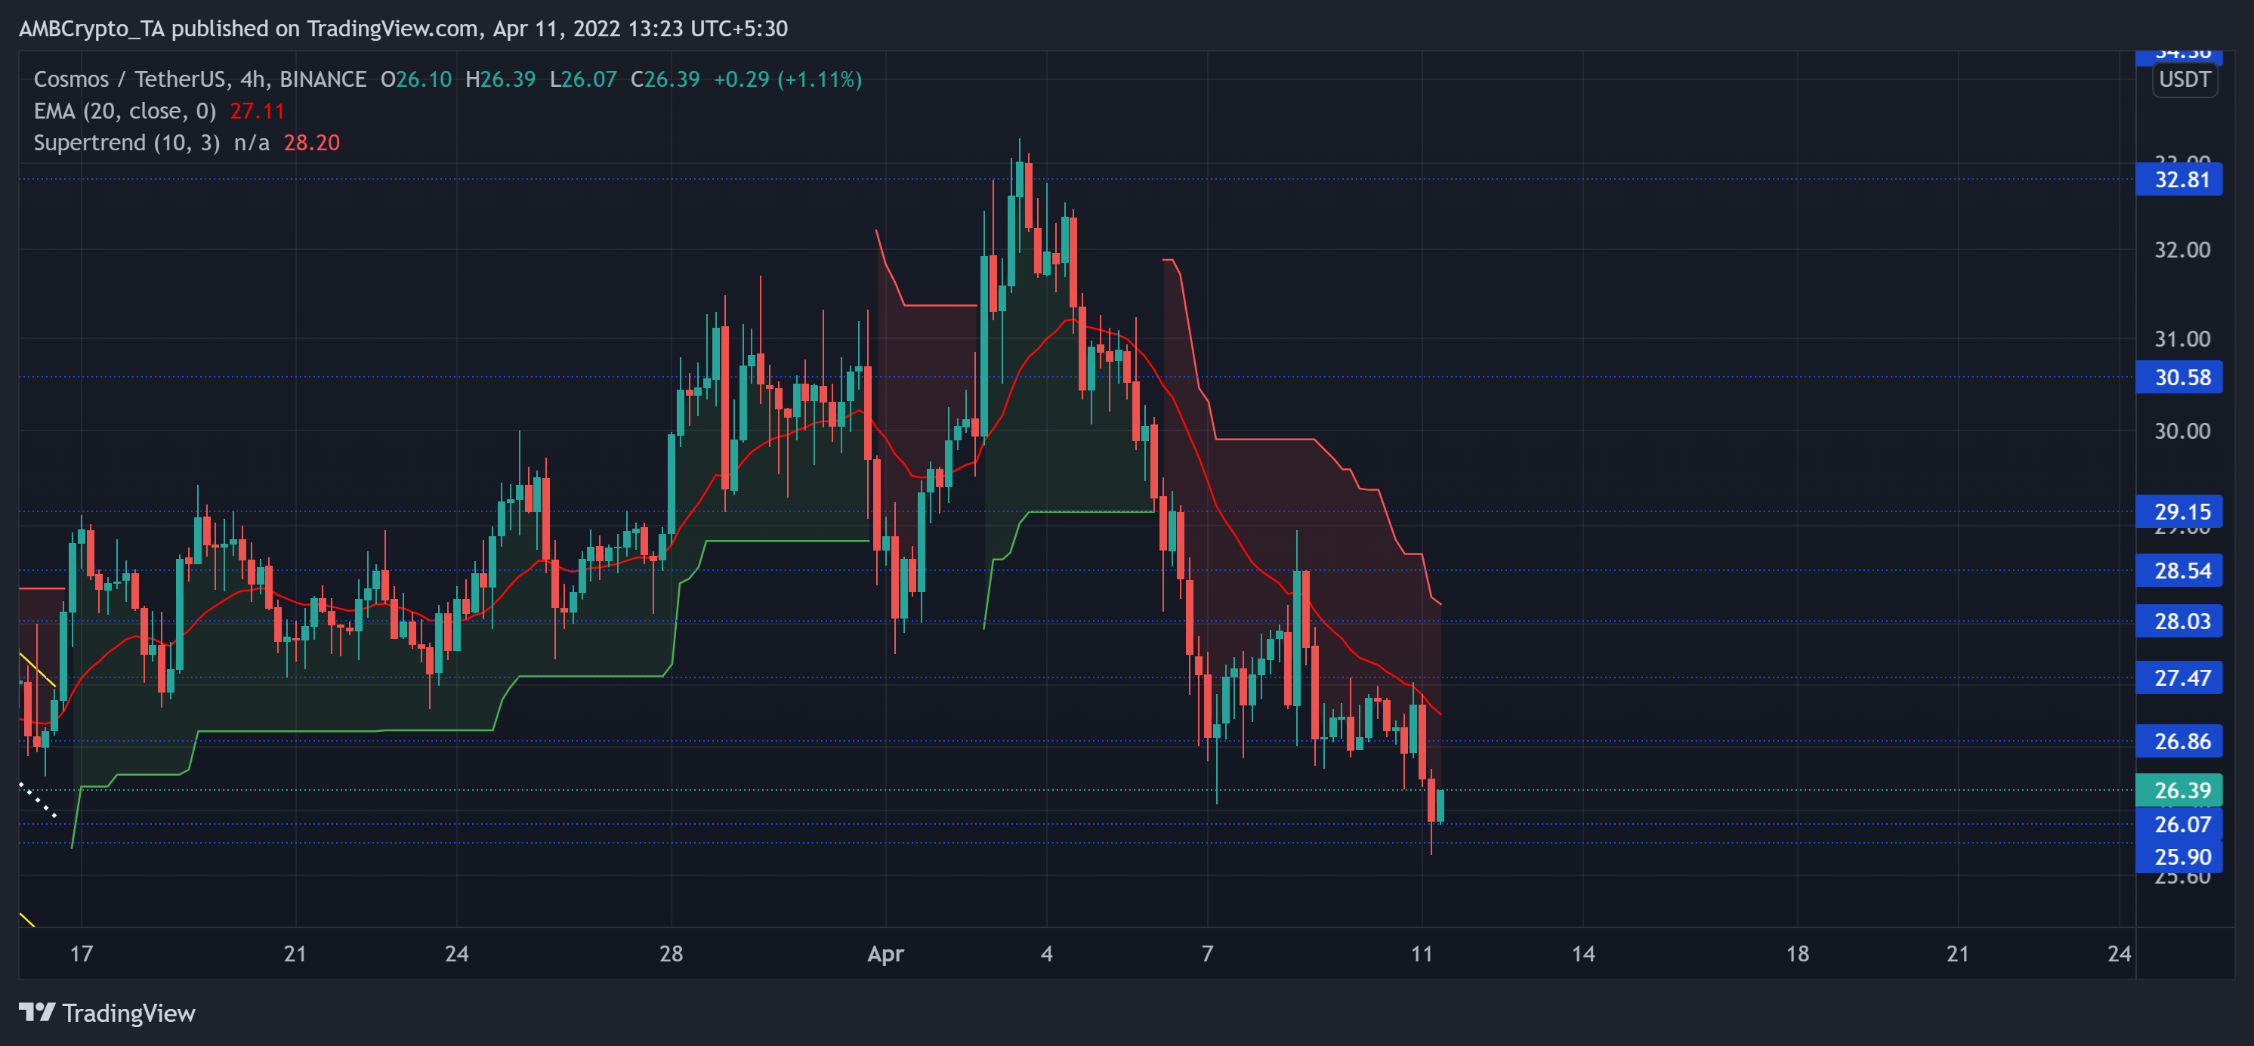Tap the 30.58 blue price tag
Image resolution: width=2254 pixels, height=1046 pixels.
click(x=2181, y=377)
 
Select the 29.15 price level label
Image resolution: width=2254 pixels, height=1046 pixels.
click(x=2181, y=511)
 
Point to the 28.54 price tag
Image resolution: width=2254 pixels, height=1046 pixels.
click(x=2181, y=570)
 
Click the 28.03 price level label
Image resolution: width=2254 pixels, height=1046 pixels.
click(x=2181, y=621)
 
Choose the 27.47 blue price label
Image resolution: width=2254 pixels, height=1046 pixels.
click(x=2181, y=677)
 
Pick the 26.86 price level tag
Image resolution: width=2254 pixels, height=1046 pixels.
click(x=2181, y=741)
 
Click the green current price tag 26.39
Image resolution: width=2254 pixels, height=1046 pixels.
click(x=2181, y=790)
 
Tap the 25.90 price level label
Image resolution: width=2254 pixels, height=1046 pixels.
click(x=2181, y=857)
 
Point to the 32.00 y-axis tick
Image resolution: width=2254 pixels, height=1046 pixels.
click(x=2181, y=250)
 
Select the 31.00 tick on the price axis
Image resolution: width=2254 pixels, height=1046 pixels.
click(x=2181, y=338)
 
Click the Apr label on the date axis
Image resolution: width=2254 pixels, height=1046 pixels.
click(x=885, y=953)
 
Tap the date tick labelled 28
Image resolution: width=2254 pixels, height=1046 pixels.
click(x=671, y=953)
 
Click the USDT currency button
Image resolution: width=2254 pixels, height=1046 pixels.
click(x=2184, y=79)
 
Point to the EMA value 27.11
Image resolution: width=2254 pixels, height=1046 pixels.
click(x=258, y=111)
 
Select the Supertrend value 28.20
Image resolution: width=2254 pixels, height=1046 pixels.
click(x=311, y=143)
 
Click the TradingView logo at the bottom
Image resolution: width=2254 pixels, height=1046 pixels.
click(x=107, y=1013)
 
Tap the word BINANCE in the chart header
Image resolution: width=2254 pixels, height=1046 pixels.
click(x=323, y=79)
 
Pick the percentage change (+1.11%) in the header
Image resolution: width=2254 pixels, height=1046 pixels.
click(x=823, y=79)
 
